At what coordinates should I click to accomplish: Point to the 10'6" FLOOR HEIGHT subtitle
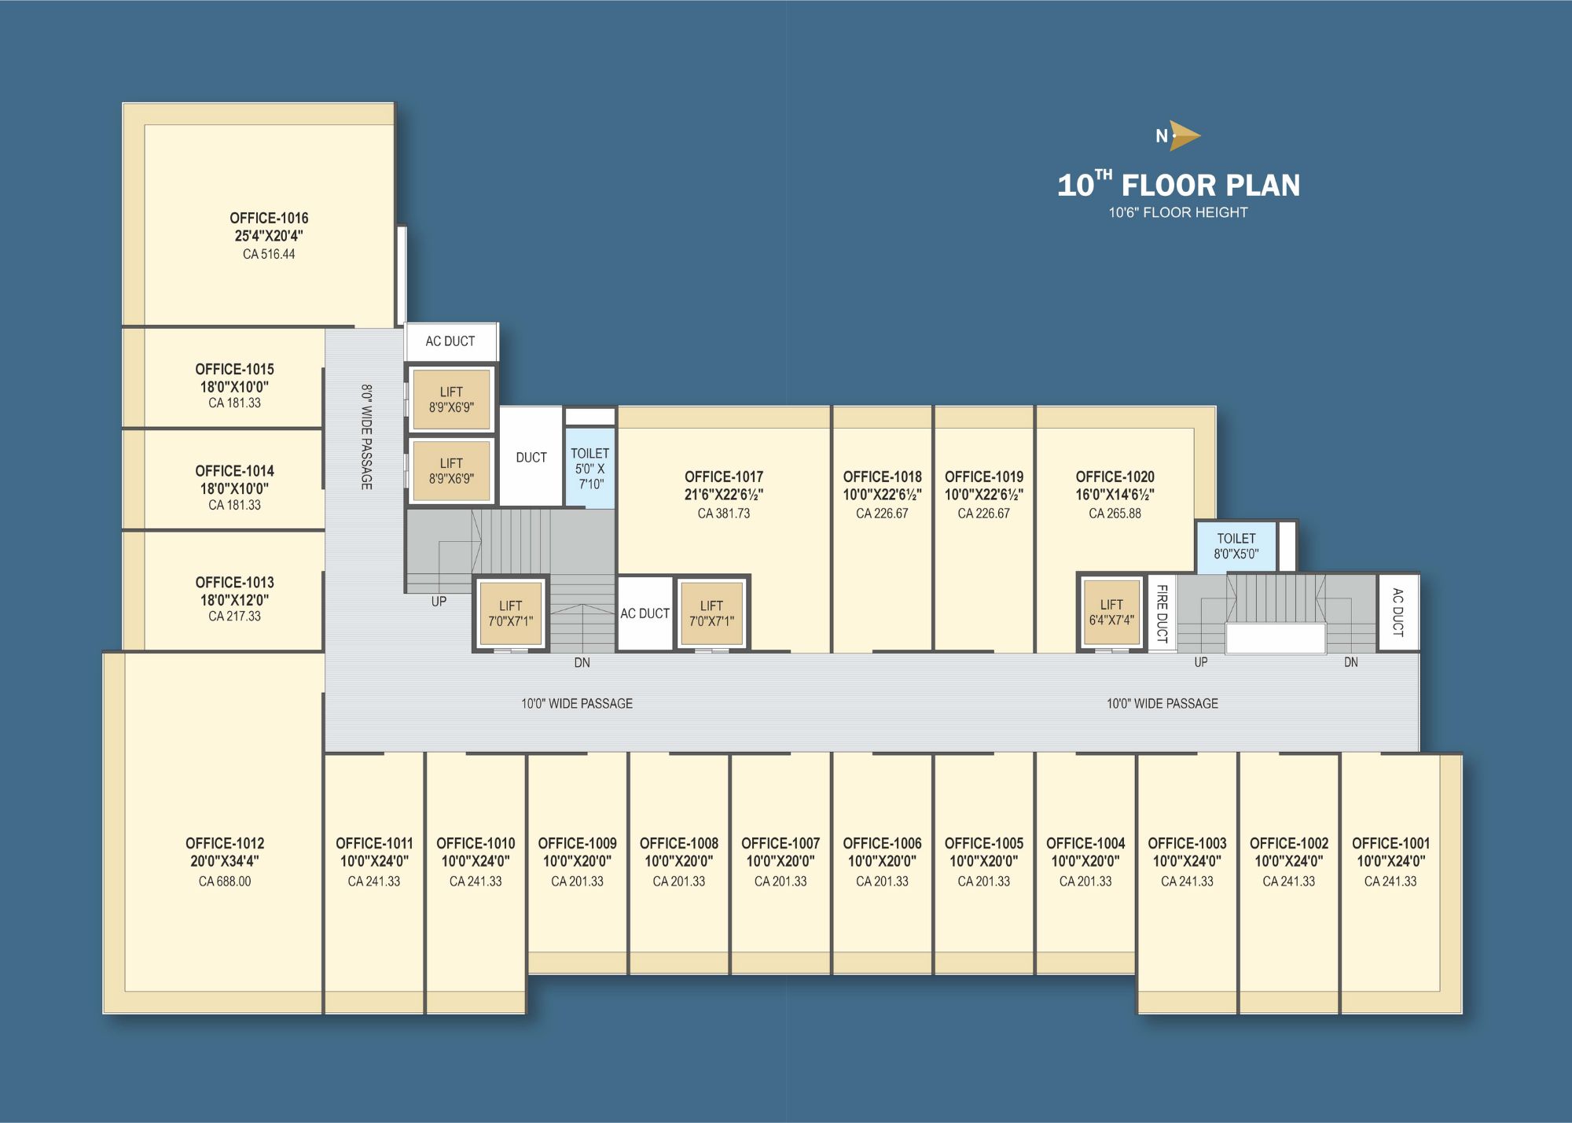(1178, 212)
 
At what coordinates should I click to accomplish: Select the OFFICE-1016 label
(269, 218)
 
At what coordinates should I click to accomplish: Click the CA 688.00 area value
(225, 882)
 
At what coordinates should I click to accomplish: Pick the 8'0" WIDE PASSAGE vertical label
(366, 436)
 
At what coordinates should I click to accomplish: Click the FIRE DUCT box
(1162, 613)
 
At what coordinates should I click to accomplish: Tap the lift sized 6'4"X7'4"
(1111, 613)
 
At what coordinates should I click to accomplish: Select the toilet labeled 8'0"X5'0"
(1236, 546)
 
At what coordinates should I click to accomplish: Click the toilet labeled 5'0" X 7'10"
(589, 469)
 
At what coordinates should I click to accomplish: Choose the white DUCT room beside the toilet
(531, 457)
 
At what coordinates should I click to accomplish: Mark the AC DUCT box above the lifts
(450, 341)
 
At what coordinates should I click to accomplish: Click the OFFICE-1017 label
(724, 477)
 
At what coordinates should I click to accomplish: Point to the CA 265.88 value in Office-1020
(1115, 514)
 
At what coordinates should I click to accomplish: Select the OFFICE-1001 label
(1390, 843)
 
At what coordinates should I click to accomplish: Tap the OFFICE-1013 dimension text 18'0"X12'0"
(234, 600)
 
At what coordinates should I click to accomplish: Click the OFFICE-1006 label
(882, 843)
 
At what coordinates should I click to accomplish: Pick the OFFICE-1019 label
(984, 477)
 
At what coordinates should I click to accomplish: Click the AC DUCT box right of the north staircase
(1398, 613)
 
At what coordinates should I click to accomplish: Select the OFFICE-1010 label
(476, 843)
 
